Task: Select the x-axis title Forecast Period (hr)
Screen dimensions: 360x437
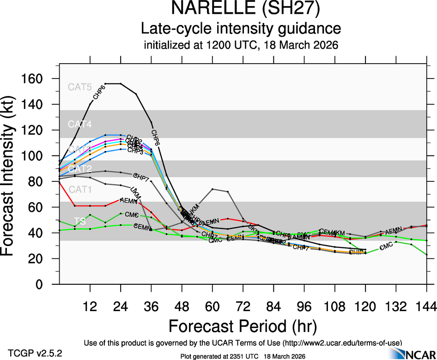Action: click(x=243, y=325)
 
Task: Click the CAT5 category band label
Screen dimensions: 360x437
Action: click(x=80, y=87)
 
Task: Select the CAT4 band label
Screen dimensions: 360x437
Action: click(x=80, y=124)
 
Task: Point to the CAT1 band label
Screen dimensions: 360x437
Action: click(x=80, y=190)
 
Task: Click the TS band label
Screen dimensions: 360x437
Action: click(x=79, y=221)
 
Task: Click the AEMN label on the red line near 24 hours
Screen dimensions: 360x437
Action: click(x=128, y=200)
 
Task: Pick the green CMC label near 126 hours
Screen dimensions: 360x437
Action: click(x=386, y=247)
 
